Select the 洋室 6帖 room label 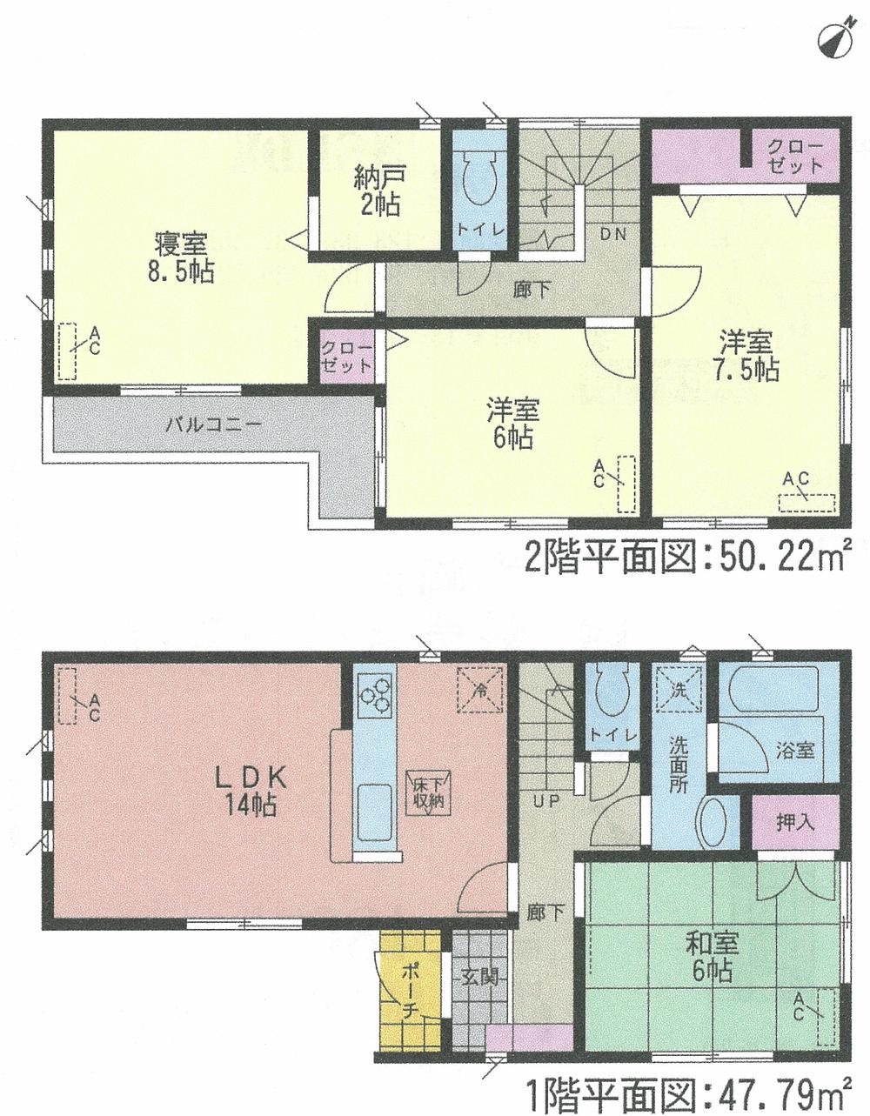[514, 423]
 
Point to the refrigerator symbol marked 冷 [479, 685]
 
